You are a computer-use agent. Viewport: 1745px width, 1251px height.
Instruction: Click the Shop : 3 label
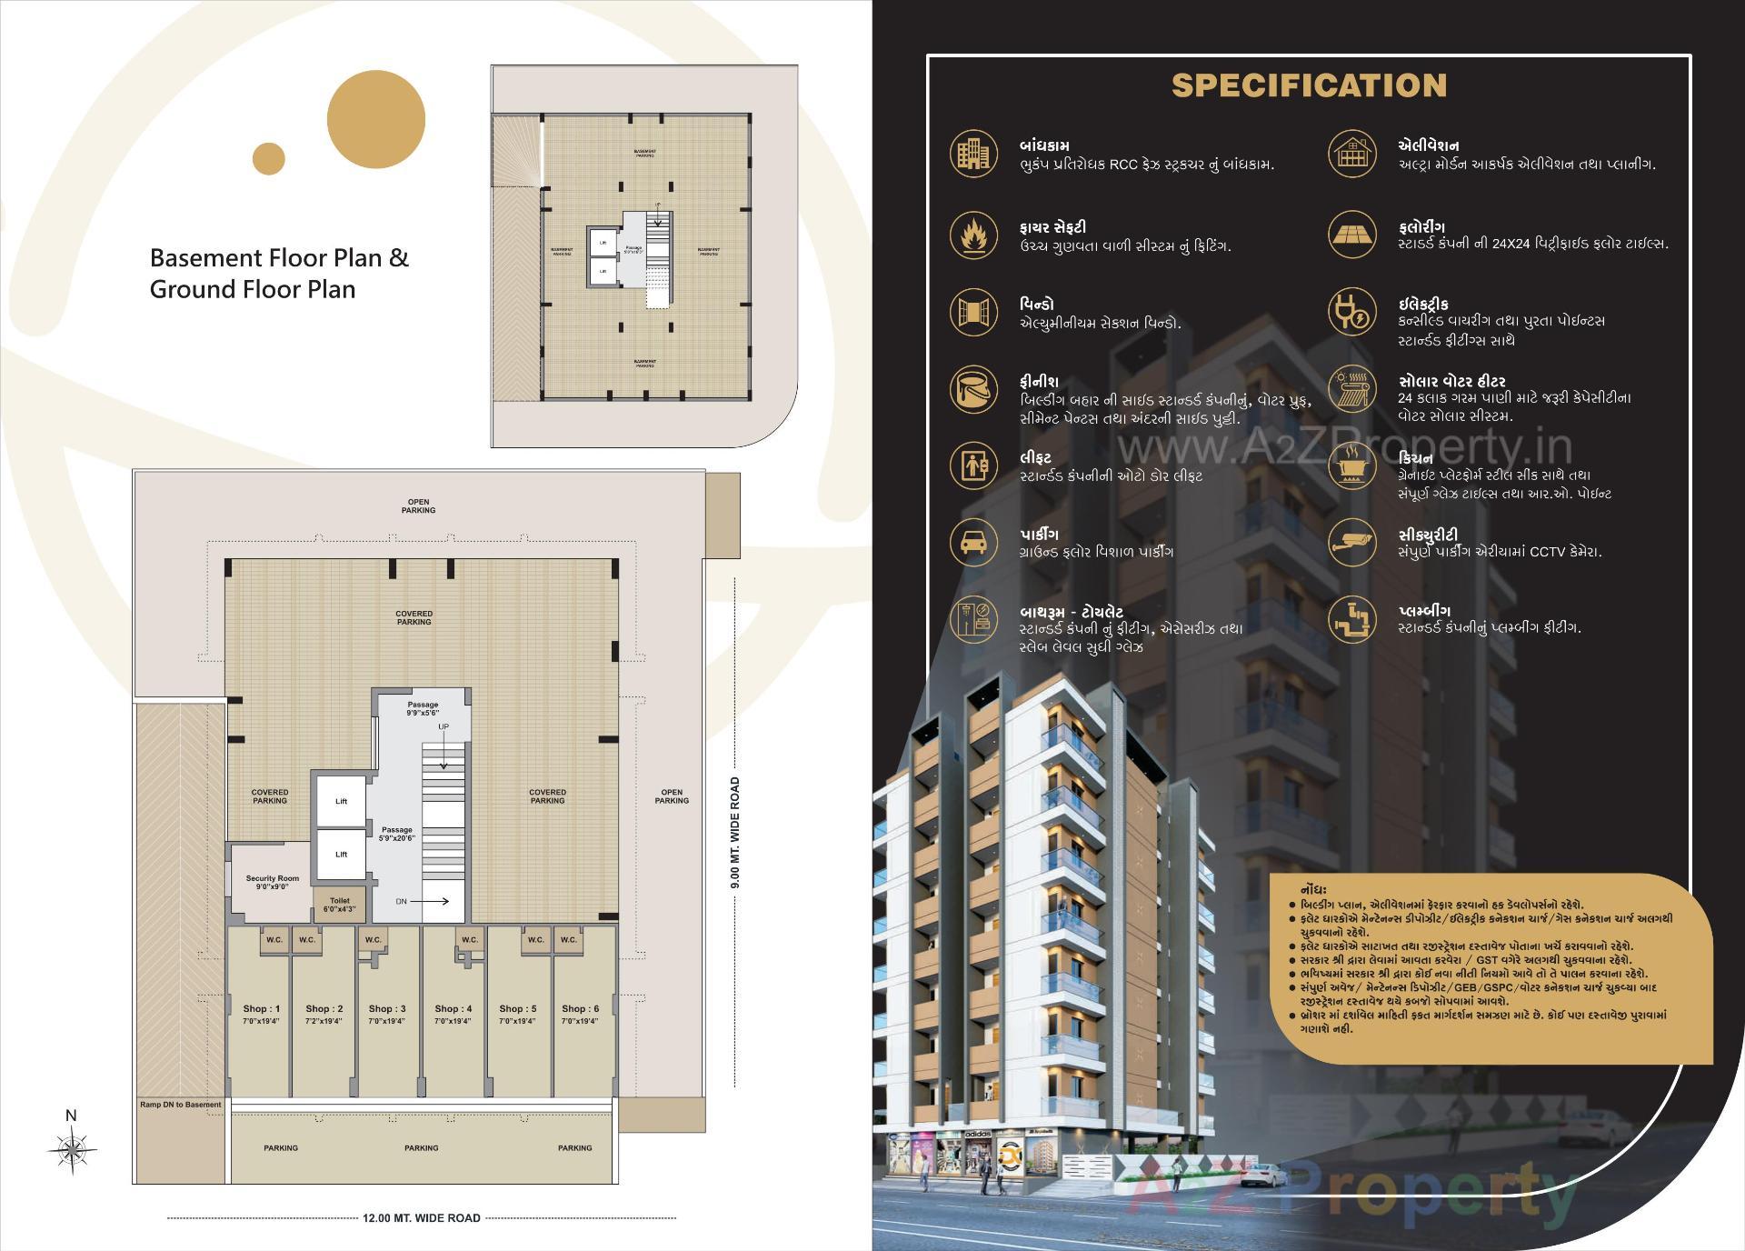tap(387, 1009)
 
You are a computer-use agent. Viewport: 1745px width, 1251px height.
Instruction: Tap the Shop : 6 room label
tap(580, 1009)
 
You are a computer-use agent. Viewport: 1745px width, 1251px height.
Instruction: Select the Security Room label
tap(272, 879)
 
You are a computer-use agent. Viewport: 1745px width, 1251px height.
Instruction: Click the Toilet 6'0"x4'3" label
tap(340, 905)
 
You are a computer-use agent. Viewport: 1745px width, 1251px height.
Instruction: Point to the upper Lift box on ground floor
tap(341, 801)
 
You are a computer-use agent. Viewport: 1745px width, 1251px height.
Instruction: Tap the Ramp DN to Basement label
tap(180, 1105)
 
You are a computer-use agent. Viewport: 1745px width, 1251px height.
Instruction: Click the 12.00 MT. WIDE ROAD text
tap(421, 1217)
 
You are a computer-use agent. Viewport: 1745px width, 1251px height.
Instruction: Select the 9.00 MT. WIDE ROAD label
tap(734, 832)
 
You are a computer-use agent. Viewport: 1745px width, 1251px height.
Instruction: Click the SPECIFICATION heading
tap(1309, 85)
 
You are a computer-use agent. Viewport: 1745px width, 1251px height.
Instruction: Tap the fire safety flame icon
tap(973, 234)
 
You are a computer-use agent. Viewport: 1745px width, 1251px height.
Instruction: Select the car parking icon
tap(973, 542)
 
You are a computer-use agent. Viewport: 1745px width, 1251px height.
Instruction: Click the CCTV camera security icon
tap(1352, 542)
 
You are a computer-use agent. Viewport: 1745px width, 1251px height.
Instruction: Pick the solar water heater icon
tap(1352, 388)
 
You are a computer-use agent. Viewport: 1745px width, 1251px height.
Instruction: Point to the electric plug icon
tap(1352, 312)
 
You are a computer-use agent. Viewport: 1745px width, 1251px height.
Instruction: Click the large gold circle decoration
tap(375, 119)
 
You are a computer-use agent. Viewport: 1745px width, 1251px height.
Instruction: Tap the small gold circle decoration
tap(269, 158)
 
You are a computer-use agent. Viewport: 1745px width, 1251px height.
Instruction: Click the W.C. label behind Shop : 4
tap(469, 940)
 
